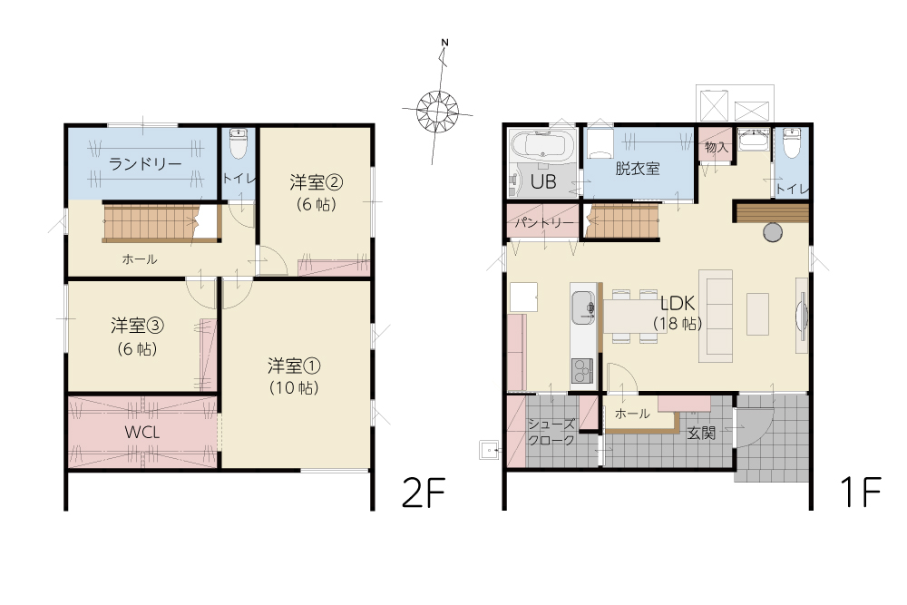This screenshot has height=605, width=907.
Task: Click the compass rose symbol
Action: point(438,110)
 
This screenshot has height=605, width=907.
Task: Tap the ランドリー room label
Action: point(145,164)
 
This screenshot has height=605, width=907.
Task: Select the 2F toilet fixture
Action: point(237,143)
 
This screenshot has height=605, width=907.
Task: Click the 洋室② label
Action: point(316,183)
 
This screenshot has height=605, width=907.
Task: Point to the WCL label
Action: point(142,432)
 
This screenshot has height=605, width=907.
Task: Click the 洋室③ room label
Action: point(137,326)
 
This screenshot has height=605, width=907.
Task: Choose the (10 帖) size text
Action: point(294,387)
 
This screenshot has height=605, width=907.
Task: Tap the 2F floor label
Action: point(424,493)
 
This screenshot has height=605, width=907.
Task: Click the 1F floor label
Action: point(860,493)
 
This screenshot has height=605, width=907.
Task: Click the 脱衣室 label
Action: point(638,169)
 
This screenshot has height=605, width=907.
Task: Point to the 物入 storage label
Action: point(717,147)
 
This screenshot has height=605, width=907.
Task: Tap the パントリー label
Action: point(543,223)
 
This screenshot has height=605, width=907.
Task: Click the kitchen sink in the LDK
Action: point(583,308)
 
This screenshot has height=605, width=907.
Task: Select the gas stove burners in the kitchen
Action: point(582,371)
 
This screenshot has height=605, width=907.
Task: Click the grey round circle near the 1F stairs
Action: point(772,232)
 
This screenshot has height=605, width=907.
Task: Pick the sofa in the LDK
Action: point(716,316)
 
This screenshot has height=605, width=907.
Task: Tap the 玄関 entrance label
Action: point(701,433)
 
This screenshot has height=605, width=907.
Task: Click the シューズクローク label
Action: point(551,432)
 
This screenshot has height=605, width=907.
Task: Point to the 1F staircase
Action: point(623,220)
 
